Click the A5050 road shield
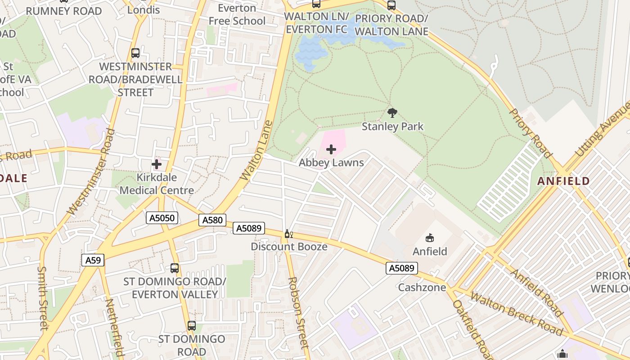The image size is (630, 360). point(162,218)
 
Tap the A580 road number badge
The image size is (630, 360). point(212,220)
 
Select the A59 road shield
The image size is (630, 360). point(93,260)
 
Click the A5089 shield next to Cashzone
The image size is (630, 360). point(401,268)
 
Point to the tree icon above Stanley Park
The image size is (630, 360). point(392,112)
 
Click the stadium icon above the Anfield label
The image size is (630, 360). point(430,238)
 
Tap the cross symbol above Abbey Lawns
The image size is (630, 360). point(331,149)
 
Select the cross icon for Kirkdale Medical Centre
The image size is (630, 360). point(157,164)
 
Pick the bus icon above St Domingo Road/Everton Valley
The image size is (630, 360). point(175,268)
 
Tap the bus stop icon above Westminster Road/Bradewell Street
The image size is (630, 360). point(135,53)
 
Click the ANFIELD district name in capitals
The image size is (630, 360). point(563,181)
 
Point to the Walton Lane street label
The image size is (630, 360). point(256,150)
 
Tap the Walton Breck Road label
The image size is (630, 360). point(516,314)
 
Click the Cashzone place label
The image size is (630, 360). point(422,287)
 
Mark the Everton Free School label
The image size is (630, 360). point(237,14)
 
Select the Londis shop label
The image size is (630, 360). point(144,9)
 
